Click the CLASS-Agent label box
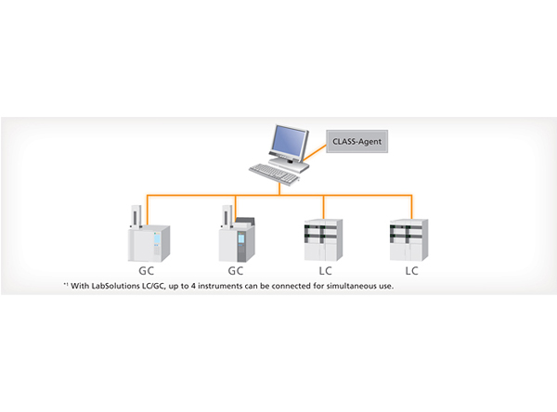pos(356,144)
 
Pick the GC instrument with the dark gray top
pos(237,238)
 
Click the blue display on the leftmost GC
pos(155,243)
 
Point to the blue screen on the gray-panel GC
pos(244,245)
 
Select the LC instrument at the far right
pos(410,241)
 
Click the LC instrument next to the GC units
pos(323,241)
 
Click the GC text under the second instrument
pos(237,270)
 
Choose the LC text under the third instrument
pos(323,270)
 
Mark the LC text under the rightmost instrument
pos(410,270)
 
